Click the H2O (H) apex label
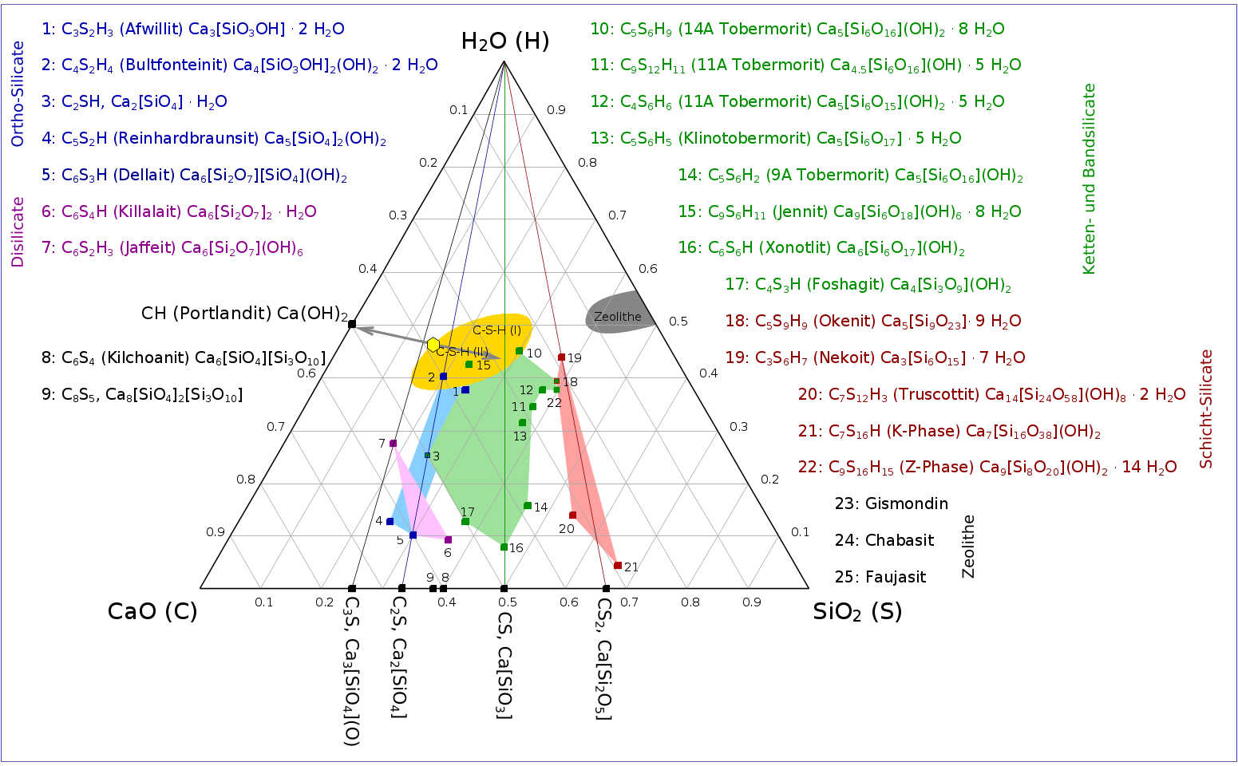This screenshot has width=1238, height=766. coord(505,41)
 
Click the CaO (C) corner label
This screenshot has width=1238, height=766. coord(152,612)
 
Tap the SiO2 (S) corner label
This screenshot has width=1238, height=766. coord(857,612)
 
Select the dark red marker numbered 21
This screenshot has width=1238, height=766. coord(618,566)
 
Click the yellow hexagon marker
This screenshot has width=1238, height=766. coord(433,345)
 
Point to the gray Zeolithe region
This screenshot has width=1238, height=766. coord(619,314)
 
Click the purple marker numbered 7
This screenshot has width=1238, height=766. coord(393,443)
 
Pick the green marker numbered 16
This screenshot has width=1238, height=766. coord(504,547)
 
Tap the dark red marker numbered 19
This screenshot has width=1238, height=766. coord(561,357)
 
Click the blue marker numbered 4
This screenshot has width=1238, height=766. coord(390,522)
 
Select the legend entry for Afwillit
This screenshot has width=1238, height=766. coord(193,30)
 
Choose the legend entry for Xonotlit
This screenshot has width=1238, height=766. coord(821,248)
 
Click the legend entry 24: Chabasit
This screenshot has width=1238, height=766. coord(884,540)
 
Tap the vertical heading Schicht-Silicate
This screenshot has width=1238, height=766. coord(1206,409)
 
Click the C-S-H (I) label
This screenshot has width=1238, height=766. coord(496,330)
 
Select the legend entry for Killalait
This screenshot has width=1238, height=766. coord(179,212)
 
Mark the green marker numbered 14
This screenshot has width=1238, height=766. coord(528,506)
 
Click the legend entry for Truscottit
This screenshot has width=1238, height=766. coord(991,395)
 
